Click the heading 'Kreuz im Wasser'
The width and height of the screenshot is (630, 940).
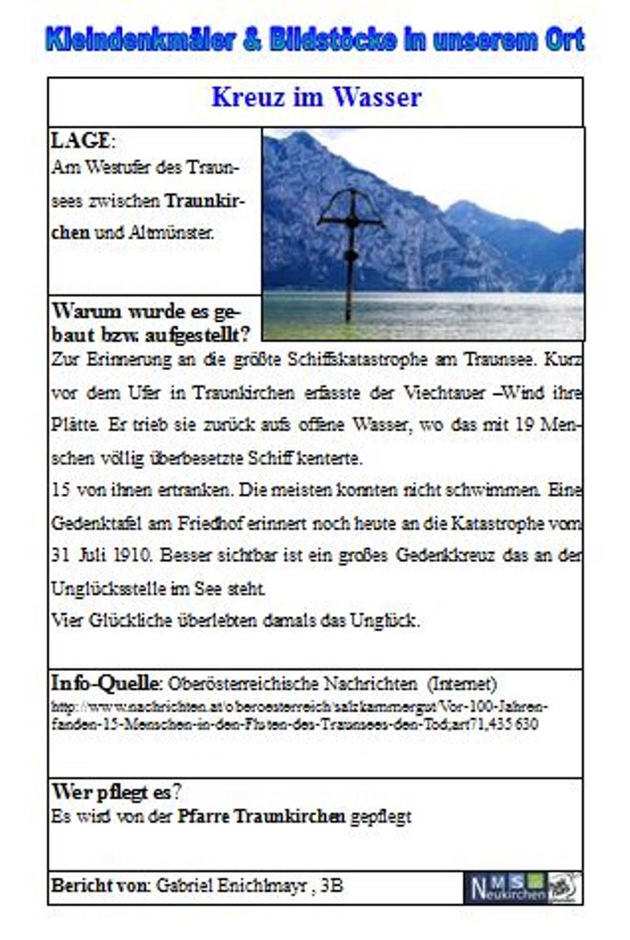point(316,97)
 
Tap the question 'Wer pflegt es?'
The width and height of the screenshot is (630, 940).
point(116,791)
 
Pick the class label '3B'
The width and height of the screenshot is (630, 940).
point(332,887)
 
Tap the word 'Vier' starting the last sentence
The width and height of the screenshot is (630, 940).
point(67,621)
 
